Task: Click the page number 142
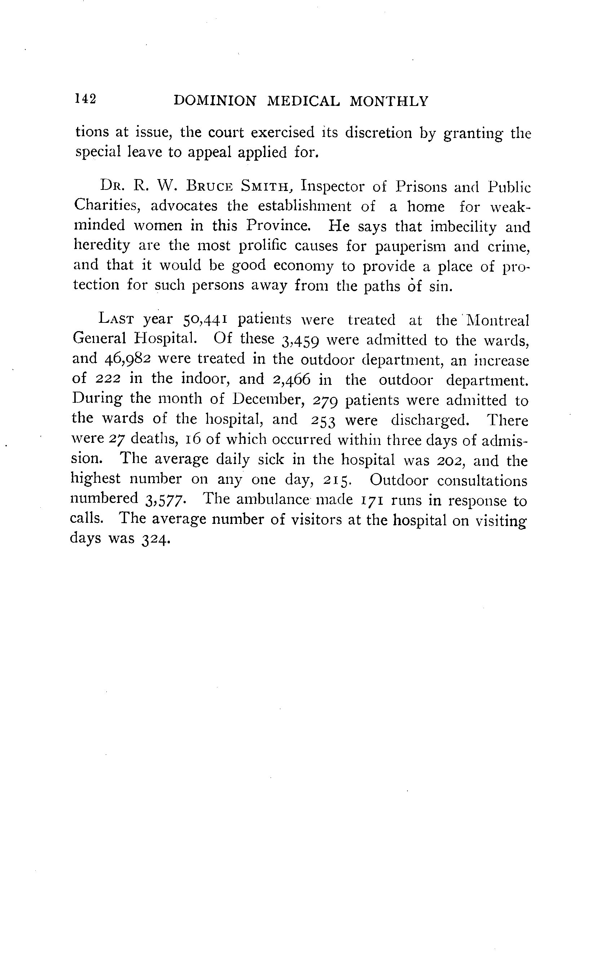[85, 99]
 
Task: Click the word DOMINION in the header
[215, 101]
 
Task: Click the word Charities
[106, 205]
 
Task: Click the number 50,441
[205, 320]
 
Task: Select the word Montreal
[498, 320]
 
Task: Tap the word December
[268, 399]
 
